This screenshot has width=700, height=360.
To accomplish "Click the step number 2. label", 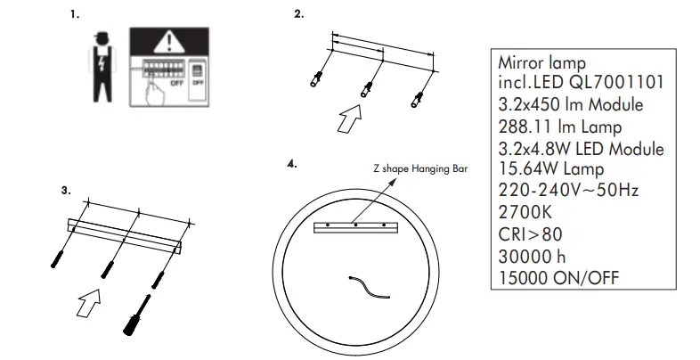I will [298, 15].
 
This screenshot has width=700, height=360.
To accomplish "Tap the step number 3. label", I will [65, 190].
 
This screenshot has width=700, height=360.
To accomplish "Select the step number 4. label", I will [291, 165].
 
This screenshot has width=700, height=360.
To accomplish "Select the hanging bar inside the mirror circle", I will [356, 226].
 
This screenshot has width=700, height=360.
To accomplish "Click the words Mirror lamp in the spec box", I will [541, 63].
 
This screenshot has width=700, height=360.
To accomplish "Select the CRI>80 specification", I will [530, 235].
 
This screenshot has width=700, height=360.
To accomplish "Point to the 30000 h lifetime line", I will [531, 257].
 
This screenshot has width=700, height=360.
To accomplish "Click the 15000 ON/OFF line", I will [559, 278].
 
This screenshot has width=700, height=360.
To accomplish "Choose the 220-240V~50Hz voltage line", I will [569, 192].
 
